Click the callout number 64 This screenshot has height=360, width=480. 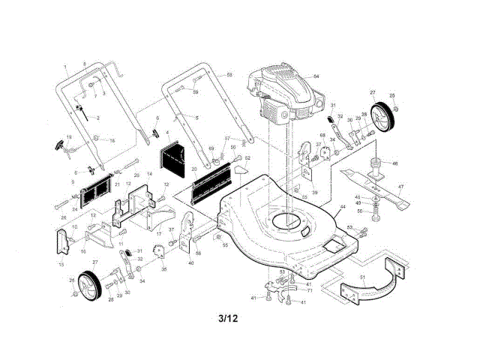point(316,77)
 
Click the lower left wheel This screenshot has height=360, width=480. point(88,284)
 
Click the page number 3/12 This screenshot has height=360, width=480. point(229,318)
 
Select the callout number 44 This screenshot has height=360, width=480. point(342,207)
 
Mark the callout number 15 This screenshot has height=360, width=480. point(60,265)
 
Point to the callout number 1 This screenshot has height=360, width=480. point(66,67)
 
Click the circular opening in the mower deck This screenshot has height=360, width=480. point(285,221)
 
